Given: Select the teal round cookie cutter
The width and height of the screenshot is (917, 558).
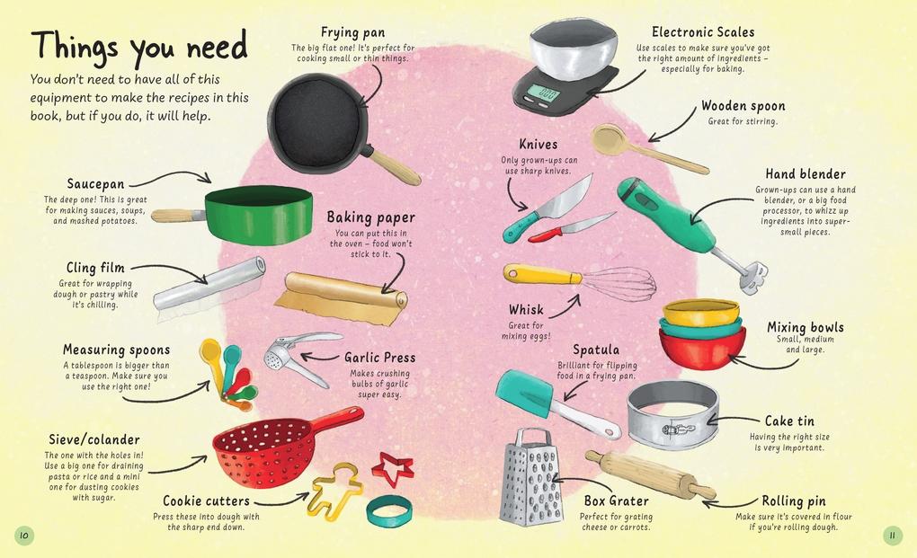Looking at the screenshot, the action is [388, 511].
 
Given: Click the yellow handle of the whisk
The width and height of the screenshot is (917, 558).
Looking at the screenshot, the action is [541, 275].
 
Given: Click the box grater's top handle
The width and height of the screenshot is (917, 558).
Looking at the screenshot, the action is [533, 437].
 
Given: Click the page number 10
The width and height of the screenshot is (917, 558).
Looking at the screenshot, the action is [24, 535].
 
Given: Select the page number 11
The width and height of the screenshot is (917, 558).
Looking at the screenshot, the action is [893, 535].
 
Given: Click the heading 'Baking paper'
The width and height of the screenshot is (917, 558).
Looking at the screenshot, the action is [370, 217].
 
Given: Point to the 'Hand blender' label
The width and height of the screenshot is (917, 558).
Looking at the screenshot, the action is [806, 174].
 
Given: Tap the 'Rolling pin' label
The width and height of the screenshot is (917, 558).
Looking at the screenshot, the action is [794, 500].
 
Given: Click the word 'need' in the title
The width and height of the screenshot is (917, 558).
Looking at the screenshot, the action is [218, 48].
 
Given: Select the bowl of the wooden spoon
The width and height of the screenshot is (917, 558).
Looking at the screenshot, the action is [610, 138].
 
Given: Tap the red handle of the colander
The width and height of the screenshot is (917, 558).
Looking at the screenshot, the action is [338, 419].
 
